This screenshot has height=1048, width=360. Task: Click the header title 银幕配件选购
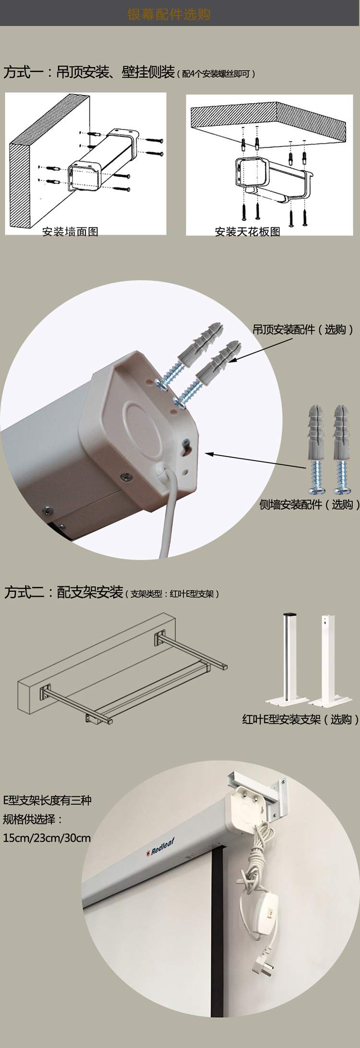(169, 14)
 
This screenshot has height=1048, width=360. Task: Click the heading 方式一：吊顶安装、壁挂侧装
(89, 72)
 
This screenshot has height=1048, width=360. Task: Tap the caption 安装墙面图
(70, 232)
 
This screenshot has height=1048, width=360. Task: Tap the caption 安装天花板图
(247, 232)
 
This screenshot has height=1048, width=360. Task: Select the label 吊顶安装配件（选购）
(303, 329)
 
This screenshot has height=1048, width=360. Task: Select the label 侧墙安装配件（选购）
(310, 504)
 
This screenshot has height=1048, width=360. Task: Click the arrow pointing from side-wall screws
(255, 460)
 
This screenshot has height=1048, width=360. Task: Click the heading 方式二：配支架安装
(64, 592)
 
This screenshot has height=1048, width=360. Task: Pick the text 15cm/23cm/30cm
(47, 838)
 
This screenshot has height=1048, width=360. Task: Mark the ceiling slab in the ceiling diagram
(268, 123)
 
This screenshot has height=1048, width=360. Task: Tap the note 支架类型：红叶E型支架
(172, 594)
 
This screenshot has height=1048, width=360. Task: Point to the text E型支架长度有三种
(47, 800)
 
